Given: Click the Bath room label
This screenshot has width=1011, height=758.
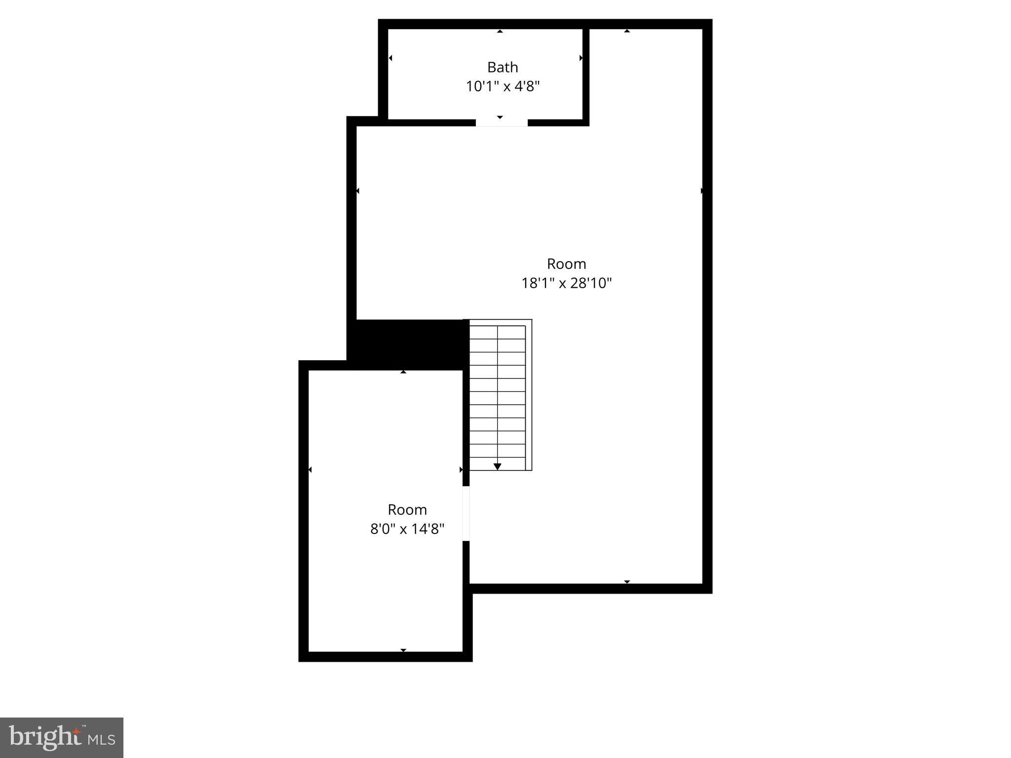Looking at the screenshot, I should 503,67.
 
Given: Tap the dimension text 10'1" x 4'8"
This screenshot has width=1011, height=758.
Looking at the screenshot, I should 503,86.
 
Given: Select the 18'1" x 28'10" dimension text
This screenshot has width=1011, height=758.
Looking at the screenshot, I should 566,283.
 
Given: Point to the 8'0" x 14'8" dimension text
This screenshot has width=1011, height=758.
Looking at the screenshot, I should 407,529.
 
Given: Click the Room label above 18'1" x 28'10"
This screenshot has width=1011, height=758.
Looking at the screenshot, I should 566,264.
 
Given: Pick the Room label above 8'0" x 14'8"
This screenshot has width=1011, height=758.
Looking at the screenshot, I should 407,510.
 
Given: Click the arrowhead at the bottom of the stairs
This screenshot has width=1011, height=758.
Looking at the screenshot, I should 498,466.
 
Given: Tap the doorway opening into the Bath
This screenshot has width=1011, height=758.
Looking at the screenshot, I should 502,123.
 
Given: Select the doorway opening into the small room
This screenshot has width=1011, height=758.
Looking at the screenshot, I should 466,513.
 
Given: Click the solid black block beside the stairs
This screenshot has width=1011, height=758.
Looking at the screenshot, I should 409,344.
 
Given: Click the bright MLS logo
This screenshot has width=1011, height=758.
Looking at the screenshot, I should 62,737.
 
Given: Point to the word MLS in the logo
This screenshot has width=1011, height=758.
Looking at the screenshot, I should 102,740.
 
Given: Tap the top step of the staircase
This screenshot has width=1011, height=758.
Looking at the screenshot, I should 497,332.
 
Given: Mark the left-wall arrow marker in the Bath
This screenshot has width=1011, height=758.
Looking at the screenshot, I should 390,58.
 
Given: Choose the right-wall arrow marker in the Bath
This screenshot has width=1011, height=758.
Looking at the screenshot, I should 581,58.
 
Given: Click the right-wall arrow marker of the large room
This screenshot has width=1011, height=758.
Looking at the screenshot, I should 701,190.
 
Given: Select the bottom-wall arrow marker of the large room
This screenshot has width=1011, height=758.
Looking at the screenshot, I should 627,582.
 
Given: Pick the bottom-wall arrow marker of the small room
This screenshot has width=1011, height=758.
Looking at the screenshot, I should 403,650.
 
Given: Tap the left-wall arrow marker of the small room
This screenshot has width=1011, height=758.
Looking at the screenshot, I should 310,470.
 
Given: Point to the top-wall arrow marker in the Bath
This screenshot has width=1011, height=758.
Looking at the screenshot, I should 500,31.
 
